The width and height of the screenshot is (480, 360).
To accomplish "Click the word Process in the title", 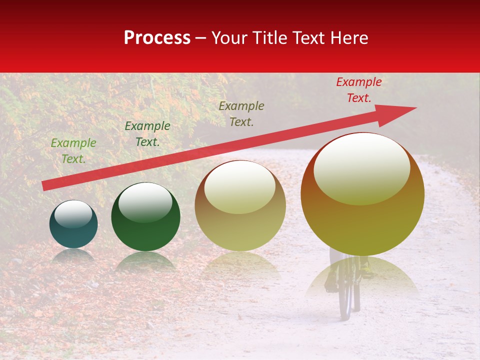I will coord(157,38).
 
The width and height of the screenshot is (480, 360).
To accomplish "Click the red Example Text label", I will coord(358,90).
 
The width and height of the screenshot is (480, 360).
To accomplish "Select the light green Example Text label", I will coord(73,151).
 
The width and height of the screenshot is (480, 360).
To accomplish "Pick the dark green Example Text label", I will coord(147,134).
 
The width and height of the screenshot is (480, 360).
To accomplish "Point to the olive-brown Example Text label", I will coord(241,113).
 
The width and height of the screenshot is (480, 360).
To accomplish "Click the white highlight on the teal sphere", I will coord(73,213).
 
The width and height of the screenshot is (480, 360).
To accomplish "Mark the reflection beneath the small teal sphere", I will coord(73,255).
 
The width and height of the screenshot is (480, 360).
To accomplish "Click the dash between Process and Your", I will coord(200,38).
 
